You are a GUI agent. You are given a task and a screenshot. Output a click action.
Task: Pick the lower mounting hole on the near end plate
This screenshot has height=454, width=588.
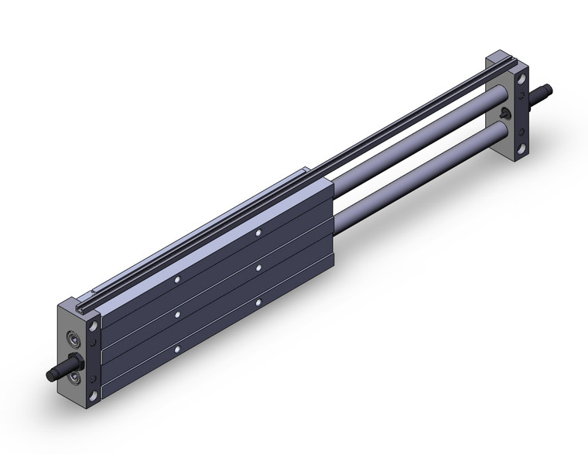(94, 395)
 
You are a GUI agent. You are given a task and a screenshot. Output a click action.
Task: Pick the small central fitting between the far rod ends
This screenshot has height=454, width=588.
(504, 114)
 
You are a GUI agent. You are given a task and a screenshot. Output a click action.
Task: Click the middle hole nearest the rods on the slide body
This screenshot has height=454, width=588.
(258, 268)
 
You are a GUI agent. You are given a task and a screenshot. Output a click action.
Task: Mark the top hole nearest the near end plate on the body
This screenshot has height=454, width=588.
(177, 279)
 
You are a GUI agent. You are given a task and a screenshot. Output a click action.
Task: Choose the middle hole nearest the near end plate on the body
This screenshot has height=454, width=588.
(177, 315)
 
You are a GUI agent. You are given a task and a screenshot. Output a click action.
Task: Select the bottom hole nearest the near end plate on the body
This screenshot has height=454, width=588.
(177, 350)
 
